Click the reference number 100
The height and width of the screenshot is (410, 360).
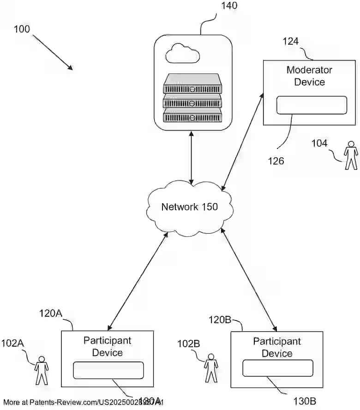22,29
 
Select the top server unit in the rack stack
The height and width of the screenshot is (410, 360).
192,84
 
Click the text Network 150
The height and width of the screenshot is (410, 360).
189,207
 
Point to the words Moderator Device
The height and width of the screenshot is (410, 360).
309,76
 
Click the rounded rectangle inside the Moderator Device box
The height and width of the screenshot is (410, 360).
311,105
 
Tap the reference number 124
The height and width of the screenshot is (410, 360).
291,42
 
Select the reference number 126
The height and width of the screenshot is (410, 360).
276,161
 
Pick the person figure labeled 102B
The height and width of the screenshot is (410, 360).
211,368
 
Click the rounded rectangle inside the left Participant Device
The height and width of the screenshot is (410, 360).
108,370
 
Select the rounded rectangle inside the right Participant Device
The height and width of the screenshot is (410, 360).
278,368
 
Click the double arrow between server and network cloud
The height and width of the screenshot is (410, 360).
192,157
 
